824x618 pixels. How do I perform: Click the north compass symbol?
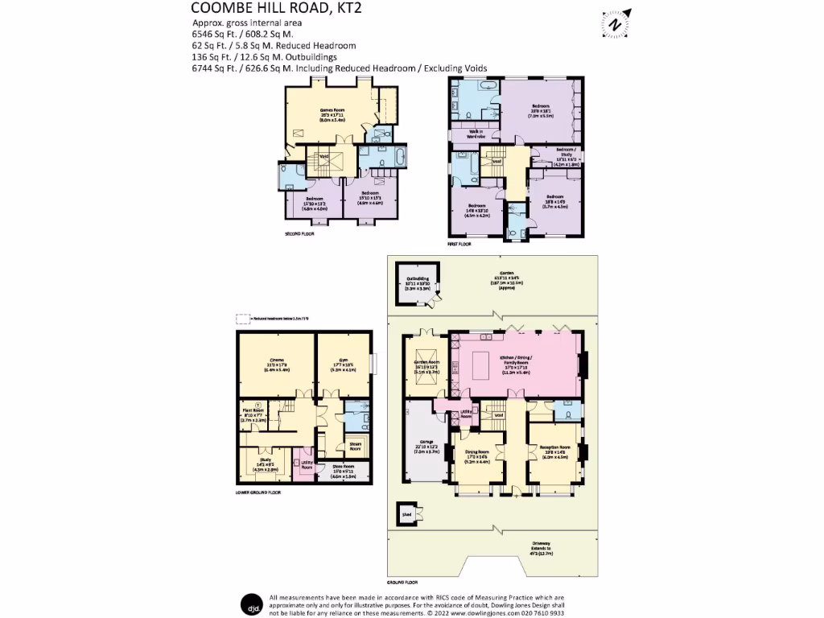click(616, 24)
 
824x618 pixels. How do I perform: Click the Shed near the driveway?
click(406, 512)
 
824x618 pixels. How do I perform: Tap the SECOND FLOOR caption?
click(299, 234)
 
